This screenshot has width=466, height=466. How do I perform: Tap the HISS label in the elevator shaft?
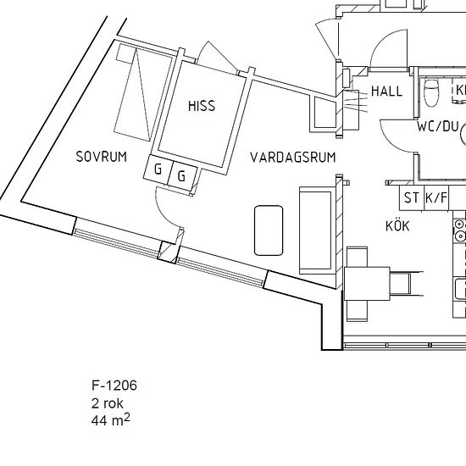[202, 107]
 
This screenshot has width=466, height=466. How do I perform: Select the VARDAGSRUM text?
[293, 158]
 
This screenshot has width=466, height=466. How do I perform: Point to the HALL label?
[387, 92]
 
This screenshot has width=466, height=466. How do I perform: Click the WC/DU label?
[437, 125]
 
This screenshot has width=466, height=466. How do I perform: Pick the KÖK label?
[397, 226]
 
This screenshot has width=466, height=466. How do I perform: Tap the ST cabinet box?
[412, 198]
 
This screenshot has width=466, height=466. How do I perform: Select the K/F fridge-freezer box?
[437, 198]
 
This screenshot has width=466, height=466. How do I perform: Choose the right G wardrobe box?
[182, 176]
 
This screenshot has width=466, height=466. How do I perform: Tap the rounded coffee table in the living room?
[269, 229]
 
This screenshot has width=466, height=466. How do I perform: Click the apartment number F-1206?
[114, 386]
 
